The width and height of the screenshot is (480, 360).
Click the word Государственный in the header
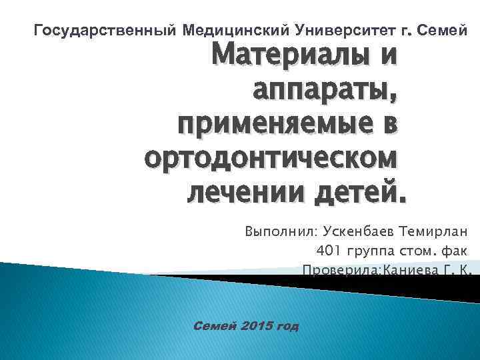pyautogui.click(x=103, y=31)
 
